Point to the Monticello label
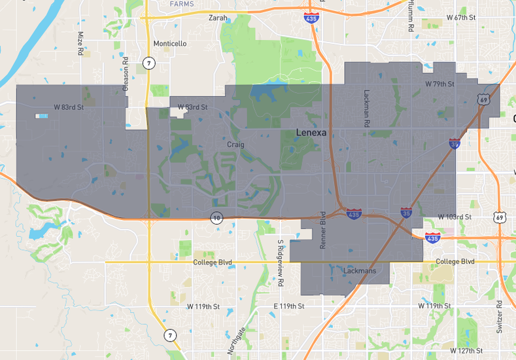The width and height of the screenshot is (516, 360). tap(169, 44)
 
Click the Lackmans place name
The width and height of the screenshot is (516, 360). tap(359, 270)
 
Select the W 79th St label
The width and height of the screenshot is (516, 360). tap(439, 84)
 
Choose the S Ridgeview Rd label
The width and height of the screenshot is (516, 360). tap(280, 257)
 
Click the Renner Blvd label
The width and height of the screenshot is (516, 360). tap(322, 230)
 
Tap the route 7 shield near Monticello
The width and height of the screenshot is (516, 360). tap(149, 63)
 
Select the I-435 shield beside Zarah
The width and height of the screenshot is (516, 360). tap(312, 18)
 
